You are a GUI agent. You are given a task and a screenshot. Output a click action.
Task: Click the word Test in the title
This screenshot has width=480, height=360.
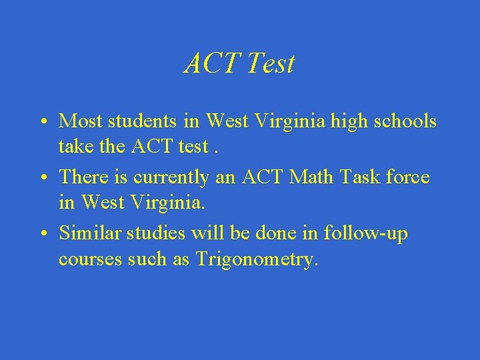tap(270, 64)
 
